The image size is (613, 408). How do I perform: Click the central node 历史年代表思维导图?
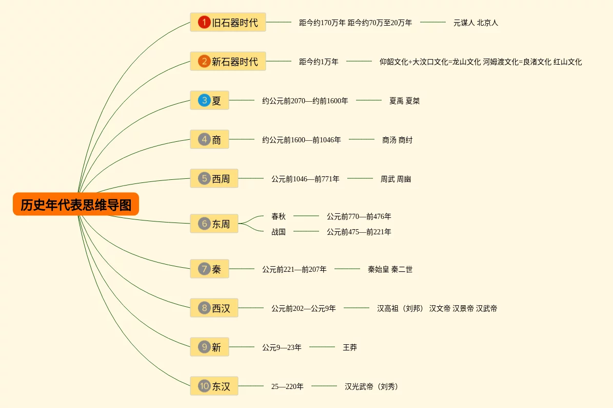click(76, 205)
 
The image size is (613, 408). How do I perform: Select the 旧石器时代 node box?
click(228, 22)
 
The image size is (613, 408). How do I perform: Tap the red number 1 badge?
click(204, 22)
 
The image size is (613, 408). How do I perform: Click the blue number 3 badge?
click(204, 100)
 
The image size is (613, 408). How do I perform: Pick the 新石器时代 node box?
click(228, 61)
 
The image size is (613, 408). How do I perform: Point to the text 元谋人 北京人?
click(476, 23)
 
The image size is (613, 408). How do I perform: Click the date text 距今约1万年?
click(319, 62)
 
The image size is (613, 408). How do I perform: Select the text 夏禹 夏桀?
click(404, 101)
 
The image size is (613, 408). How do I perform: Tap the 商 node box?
click(209, 139)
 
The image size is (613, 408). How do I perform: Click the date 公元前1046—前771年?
click(305, 179)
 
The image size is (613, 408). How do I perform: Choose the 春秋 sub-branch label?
click(279, 216)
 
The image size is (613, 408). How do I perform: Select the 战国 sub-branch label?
click(279, 232)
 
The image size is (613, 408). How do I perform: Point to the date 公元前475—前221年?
click(359, 232)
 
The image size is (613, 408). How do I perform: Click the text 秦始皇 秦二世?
click(390, 269)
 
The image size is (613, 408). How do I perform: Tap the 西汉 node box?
click(214, 308)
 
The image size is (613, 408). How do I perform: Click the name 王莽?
click(350, 347)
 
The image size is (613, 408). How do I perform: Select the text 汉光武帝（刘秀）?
click(371, 386)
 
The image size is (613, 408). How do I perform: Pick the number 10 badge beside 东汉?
click(204, 386)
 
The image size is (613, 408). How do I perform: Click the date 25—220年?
click(287, 386)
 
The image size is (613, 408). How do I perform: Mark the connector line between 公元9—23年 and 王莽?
click(322, 347)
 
